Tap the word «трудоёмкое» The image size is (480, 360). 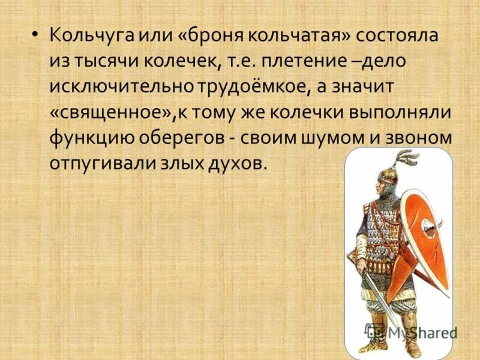253,86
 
